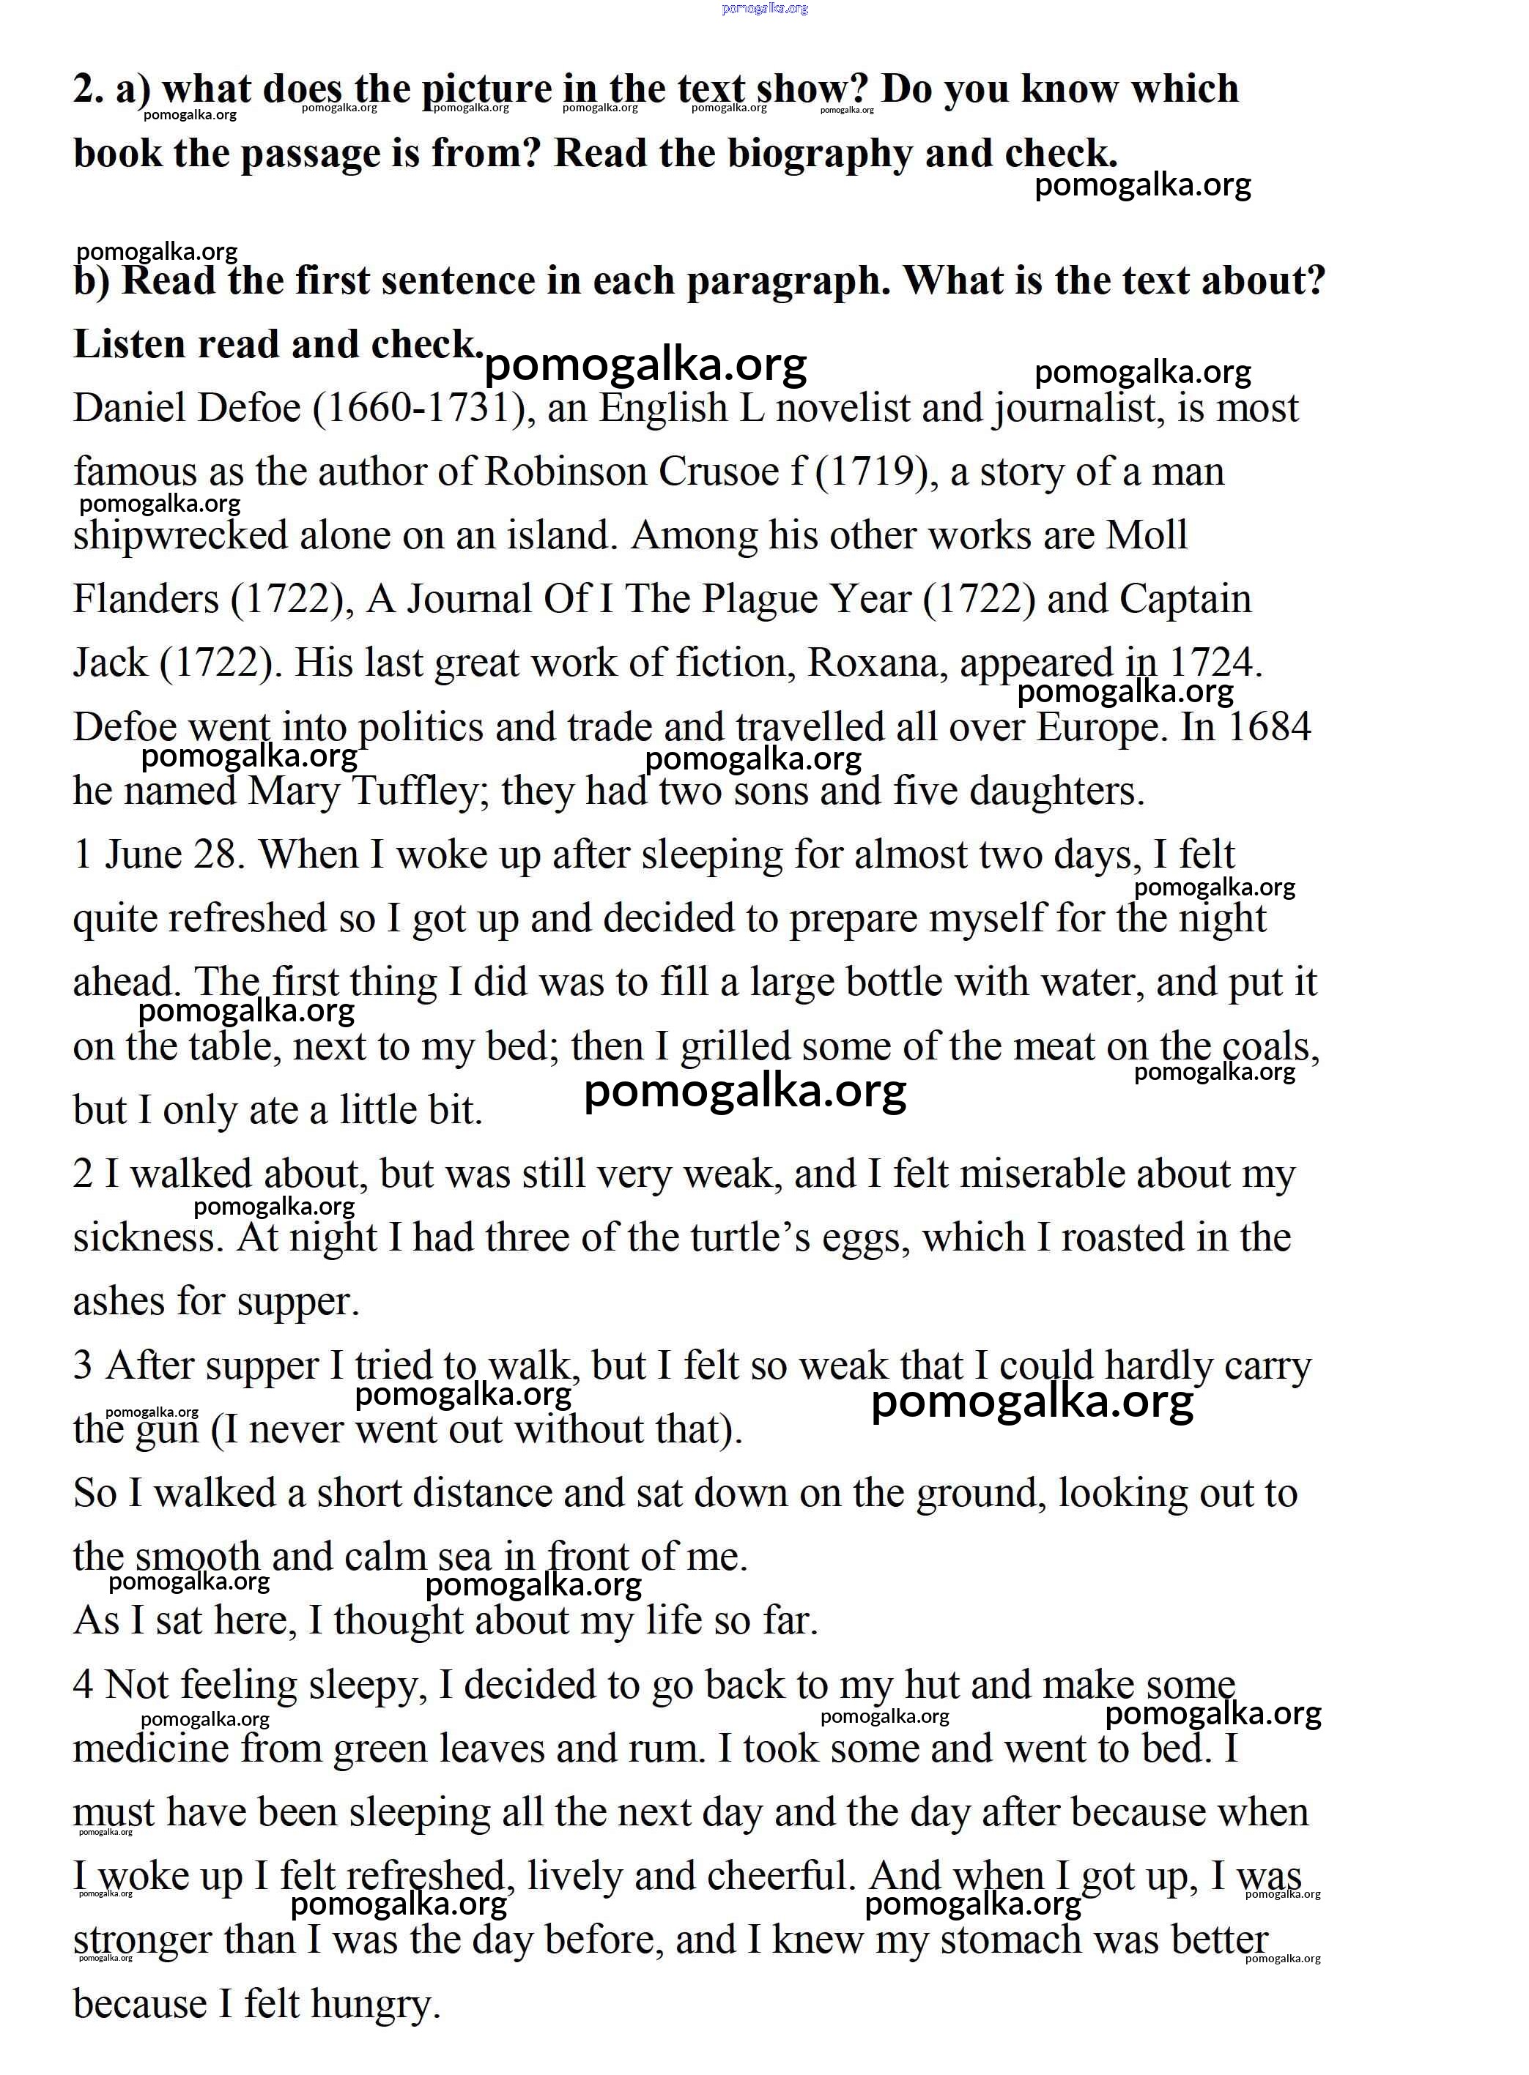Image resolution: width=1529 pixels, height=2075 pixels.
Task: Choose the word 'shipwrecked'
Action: [180, 537]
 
